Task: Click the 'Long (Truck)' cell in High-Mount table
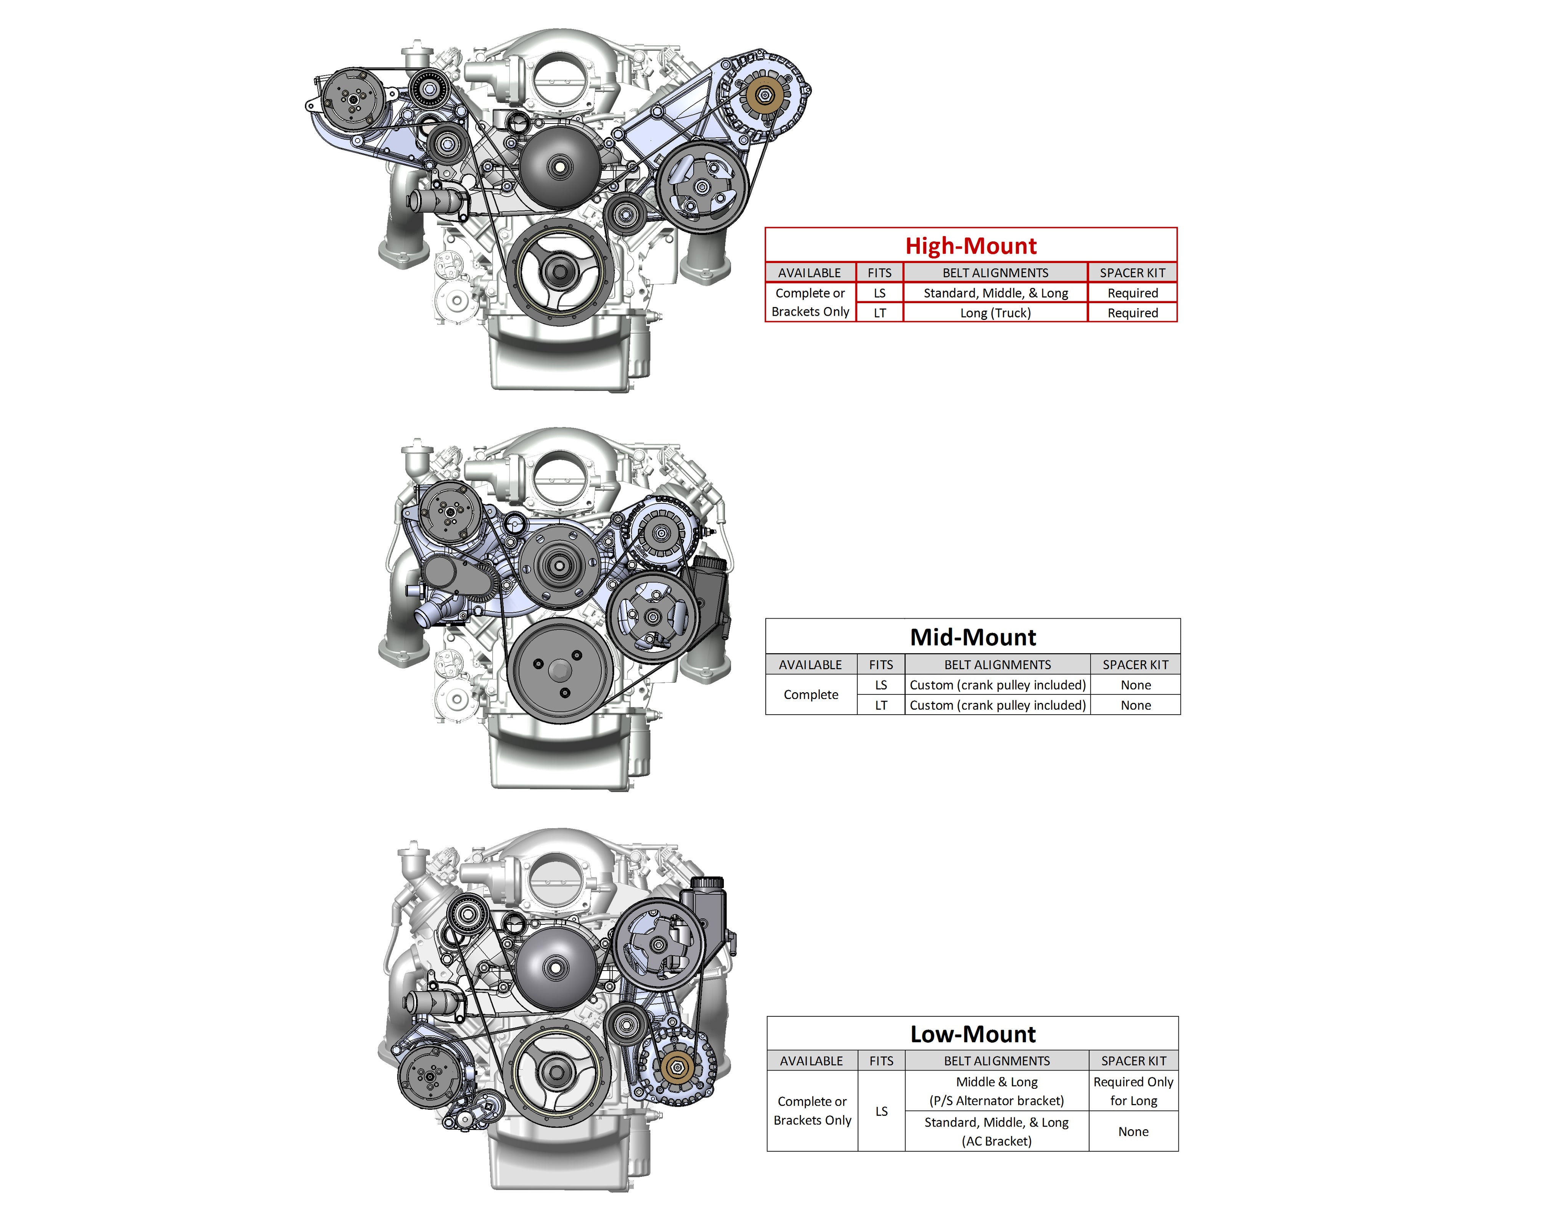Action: click(995, 312)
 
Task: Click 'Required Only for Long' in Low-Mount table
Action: click(1133, 1091)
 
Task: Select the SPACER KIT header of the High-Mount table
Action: click(1132, 272)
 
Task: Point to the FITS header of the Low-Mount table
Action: click(881, 1061)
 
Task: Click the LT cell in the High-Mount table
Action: click(880, 312)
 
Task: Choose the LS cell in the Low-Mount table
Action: click(881, 1111)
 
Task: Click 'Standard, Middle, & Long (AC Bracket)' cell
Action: click(996, 1131)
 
